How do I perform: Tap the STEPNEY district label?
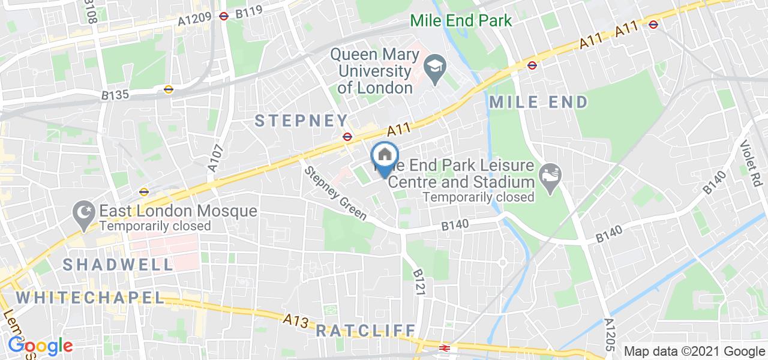tap(302, 120)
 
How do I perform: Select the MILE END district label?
tap(538, 102)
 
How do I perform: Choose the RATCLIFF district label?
tap(365, 330)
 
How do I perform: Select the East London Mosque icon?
tap(82, 212)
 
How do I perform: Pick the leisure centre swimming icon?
tap(550, 174)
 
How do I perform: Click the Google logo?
tap(40, 346)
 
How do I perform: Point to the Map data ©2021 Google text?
tap(694, 351)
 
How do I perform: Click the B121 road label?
tap(419, 280)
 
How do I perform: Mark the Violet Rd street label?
tap(749, 154)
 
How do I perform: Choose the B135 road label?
tap(115, 95)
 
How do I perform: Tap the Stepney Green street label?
tap(336, 195)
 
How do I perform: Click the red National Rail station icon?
tap(445, 347)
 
